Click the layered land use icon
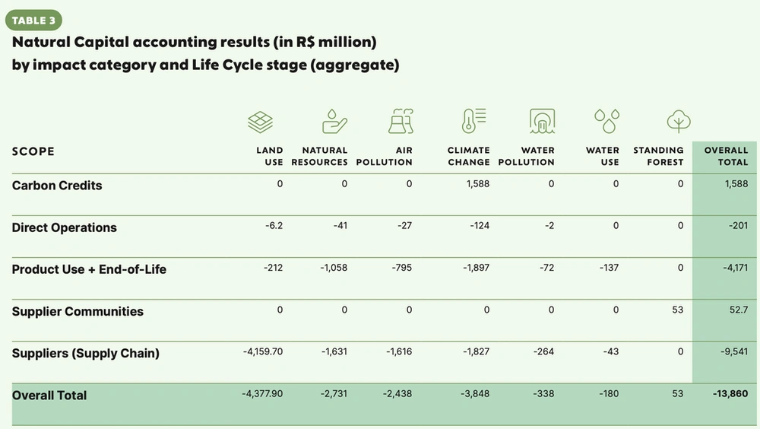click(261, 121)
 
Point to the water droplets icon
click(606, 121)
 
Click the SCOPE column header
click(33, 151)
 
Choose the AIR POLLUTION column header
click(385, 156)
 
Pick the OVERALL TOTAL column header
click(726, 156)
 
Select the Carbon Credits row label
click(57, 186)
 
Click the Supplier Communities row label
click(78, 311)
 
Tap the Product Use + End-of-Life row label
click(89, 269)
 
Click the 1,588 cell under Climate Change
click(477, 184)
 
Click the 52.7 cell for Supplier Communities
click(737, 310)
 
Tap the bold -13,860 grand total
click(730, 393)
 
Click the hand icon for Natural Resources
click(334, 121)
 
